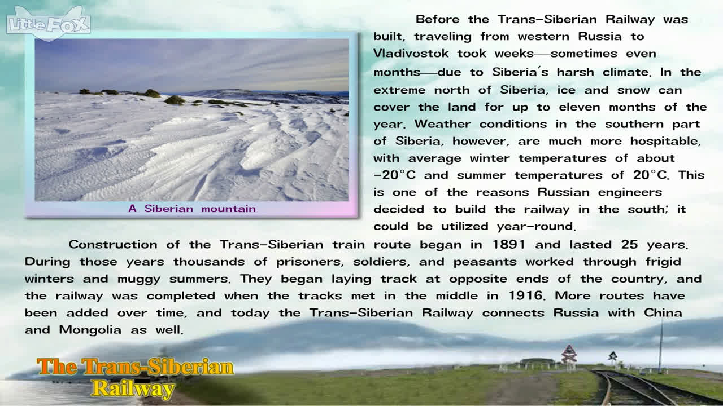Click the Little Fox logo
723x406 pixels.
pyautogui.click(x=49, y=23)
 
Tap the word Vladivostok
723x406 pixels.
pyautogui.click(x=411, y=53)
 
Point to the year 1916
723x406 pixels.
pyautogui.click(x=526, y=296)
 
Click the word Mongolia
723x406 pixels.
pyautogui.click(x=90, y=330)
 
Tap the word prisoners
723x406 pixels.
pyautogui.click(x=310, y=262)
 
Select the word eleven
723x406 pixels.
pyautogui.click(x=580, y=107)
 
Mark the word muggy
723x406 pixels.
pyautogui.click(x=138, y=279)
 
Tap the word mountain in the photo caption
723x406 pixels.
pyautogui.click(x=229, y=209)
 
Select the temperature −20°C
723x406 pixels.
pyautogui.click(x=395, y=175)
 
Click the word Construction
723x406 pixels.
pyautogui.click(x=113, y=245)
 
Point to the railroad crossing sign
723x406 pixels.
pyautogui.click(x=569, y=354)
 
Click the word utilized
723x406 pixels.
pyautogui.click(x=465, y=227)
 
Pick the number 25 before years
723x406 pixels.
pyautogui.click(x=629, y=245)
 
